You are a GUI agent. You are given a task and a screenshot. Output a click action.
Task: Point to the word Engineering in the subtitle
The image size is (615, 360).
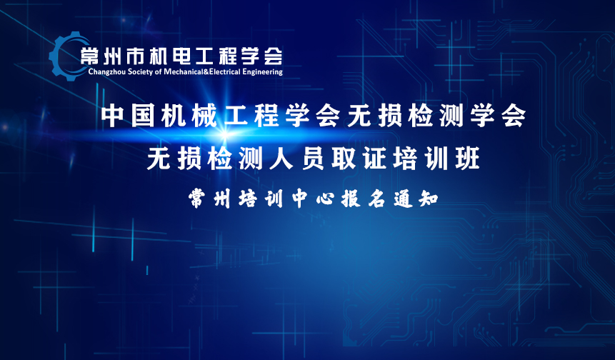[262, 71]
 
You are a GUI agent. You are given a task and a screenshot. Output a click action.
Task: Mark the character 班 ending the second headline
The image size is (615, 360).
[468, 159]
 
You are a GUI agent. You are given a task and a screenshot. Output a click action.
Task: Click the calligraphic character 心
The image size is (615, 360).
[326, 199]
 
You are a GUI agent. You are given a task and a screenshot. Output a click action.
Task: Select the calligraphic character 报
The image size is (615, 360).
[351, 199]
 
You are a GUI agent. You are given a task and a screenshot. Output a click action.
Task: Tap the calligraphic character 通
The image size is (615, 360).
[403, 199]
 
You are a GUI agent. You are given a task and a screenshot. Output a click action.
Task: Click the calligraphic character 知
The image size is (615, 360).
[429, 199]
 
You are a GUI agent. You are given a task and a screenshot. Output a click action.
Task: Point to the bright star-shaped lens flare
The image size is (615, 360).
[224, 134]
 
